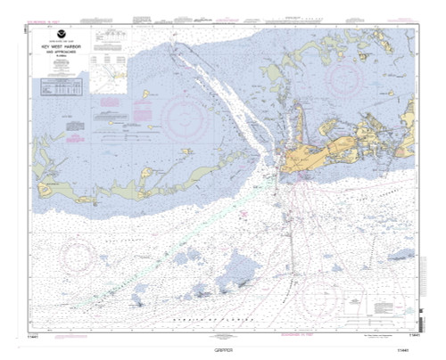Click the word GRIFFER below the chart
point(223,350)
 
